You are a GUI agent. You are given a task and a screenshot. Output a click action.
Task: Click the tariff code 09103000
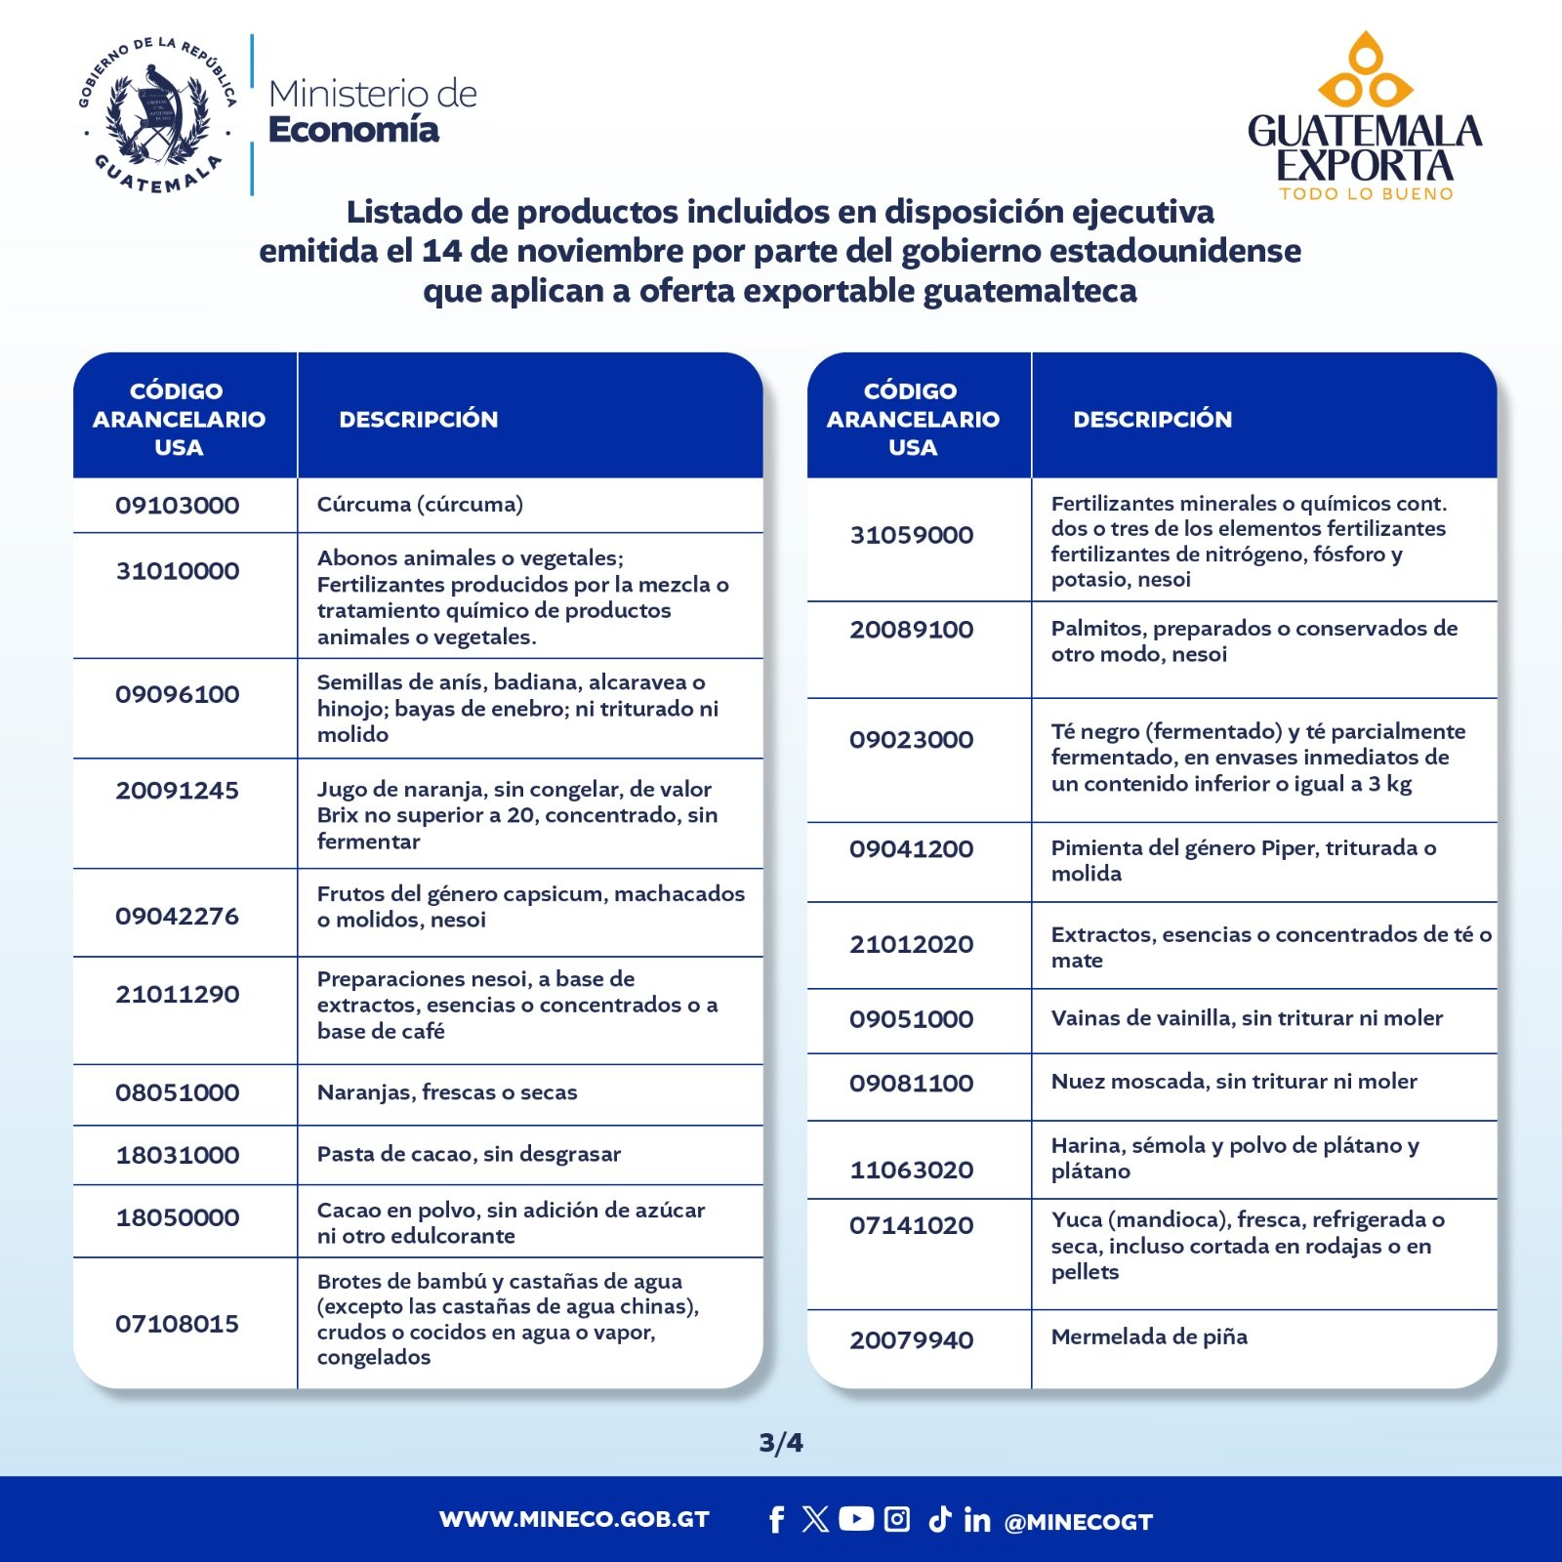point(177,506)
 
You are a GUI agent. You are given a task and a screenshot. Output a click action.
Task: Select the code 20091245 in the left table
point(177,791)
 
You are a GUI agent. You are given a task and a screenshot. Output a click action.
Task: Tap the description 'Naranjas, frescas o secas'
point(446,1092)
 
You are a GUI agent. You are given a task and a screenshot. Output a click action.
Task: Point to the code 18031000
point(177,1156)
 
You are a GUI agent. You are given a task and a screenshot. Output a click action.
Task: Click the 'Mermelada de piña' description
point(1148,1336)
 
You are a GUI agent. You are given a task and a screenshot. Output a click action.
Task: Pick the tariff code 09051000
point(911,1019)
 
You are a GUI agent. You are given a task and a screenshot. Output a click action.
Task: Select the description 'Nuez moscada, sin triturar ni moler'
point(1233,1082)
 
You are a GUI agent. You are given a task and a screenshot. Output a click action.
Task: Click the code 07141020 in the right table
point(911,1226)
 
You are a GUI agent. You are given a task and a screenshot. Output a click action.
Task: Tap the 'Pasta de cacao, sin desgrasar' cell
point(469,1154)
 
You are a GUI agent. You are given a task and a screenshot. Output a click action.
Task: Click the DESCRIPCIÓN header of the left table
point(418,420)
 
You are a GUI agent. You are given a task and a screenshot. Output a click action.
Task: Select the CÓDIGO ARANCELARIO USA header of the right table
point(912,419)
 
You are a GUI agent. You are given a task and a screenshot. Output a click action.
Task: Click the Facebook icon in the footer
point(776,1520)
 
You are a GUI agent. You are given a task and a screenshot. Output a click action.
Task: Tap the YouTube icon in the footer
point(856,1519)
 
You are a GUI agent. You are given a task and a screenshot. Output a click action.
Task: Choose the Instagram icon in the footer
point(897,1519)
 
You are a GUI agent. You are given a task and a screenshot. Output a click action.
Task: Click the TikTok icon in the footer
point(939,1519)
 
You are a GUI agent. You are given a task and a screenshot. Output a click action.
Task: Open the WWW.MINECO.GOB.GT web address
point(574,1520)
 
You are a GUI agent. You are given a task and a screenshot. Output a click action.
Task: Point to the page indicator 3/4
point(781,1443)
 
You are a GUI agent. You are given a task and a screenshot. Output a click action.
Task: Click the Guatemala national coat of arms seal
point(157,115)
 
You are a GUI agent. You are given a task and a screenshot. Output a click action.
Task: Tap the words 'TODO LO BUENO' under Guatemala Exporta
point(1366,194)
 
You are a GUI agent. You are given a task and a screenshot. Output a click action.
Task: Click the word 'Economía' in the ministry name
point(353,130)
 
